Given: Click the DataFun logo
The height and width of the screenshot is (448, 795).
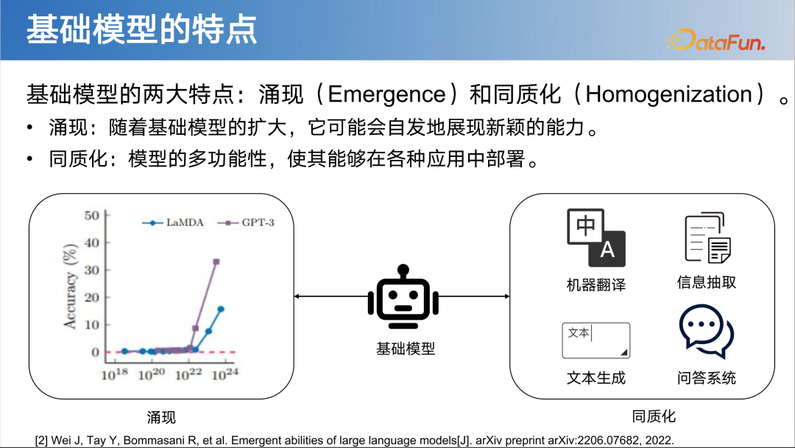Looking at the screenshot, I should click(x=715, y=40).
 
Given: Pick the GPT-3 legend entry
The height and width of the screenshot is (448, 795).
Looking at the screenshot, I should click(x=250, y=222).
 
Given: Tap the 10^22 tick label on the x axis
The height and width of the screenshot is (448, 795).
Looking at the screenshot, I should click(x=188, y=374).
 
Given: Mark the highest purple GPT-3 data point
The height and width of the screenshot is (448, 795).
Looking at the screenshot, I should click(x=216, y=262).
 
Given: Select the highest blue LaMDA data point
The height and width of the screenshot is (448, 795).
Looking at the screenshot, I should click(x=220, y=309).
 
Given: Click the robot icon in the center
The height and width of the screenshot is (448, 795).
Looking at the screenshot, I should click(x=403, y=296).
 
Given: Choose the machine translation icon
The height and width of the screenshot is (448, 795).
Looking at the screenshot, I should click(x=596, y=237).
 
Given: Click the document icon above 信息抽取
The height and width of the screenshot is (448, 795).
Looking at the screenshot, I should click(x=707, y=238).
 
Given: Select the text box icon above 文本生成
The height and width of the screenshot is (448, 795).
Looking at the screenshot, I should click(x=596, y=340).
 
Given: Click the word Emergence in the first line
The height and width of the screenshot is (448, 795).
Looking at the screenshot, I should click(x=386, y=94).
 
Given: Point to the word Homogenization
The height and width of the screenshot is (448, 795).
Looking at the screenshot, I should click(x=668, y=94).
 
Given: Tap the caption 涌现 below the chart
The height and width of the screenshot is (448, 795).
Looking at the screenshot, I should click(x=161, y=418).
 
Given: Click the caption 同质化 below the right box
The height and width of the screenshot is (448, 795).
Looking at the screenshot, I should click(x=654, y=416).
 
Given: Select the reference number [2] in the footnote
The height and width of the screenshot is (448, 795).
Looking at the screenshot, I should click(x=42, y=439).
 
